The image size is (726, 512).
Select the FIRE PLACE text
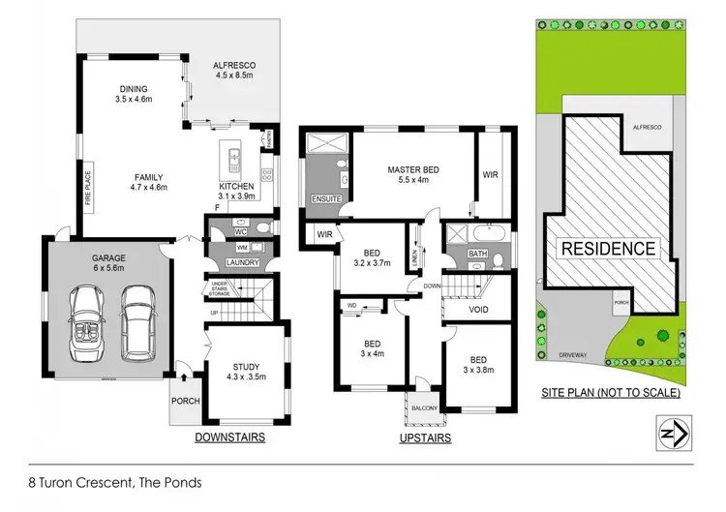(x=86, y=191)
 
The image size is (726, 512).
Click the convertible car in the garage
(x=87, y=320)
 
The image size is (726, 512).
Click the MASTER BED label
(x=413, y=170)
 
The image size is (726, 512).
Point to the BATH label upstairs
(x=477, y=255)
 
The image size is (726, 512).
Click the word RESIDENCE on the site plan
(x=609, y=249)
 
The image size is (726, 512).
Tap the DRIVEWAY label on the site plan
(x=586, y=355)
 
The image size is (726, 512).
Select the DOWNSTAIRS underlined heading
(x=230, y=437)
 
